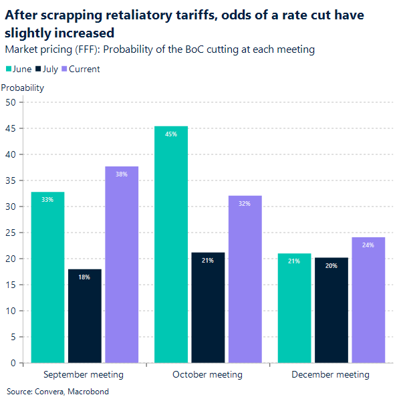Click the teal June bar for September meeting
47,277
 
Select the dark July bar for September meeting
85,316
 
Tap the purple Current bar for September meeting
122,265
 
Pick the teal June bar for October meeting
171,245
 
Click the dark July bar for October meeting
208,307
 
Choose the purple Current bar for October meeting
245,279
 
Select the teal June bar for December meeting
294,308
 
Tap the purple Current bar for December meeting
368,300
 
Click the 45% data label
171,134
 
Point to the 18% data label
85,277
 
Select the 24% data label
368,245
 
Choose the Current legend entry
80,69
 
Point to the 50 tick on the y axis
11,102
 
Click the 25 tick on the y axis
11,233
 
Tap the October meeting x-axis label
207,374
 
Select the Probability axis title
23,88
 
